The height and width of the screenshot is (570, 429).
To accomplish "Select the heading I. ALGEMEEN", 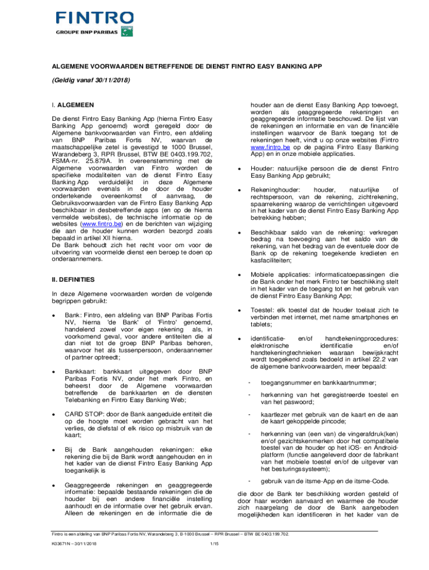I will click(x=72, y=104).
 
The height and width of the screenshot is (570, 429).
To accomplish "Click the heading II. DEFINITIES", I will click(x=74, y=279).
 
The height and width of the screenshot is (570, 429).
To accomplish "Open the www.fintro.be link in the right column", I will click(x=270, y=148).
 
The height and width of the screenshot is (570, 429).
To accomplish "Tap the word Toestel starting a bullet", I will click(x=262, y=310).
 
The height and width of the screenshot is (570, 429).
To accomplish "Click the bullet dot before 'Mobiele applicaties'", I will click(x=240, y=274).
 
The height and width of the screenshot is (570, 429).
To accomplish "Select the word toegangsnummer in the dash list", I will click(x=286, y=382).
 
